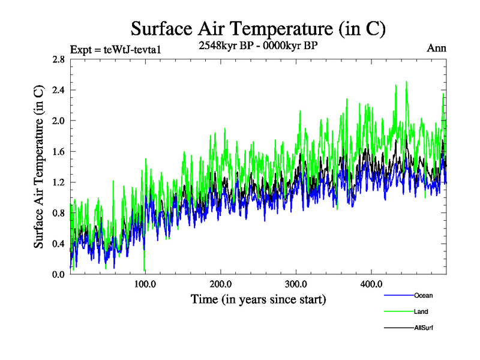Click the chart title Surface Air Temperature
(258, 28)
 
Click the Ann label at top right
(436, 48)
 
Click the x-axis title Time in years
(258, 299)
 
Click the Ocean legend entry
(422, 295)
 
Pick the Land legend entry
(421, 311)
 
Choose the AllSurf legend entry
(423, 328)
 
